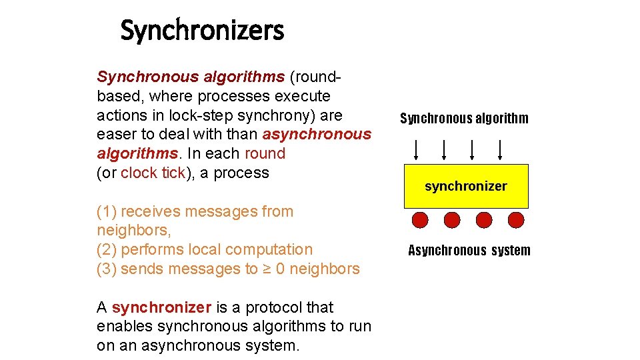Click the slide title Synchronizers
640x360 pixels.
202,31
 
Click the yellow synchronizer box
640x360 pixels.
466,186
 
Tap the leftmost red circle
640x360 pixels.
420,220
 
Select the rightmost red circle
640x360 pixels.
516,220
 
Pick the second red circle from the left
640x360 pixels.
452,220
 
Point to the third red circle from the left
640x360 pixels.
484,220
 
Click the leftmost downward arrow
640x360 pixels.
416,150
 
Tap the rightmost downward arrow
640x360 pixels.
501,150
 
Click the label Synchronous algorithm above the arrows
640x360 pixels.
464,119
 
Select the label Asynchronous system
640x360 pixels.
469,251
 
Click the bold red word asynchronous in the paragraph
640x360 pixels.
317,135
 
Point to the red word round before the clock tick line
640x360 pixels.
265,153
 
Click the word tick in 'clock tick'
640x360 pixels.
173,173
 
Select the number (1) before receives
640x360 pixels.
107,211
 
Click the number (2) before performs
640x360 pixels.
107,249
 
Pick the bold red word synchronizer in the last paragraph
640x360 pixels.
161,307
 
